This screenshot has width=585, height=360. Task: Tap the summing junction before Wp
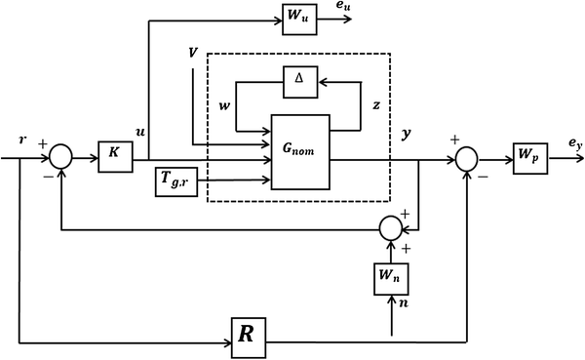(468, 155)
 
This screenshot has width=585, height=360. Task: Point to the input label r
(23, 139)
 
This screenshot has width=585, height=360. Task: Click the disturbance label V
(193, 50)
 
